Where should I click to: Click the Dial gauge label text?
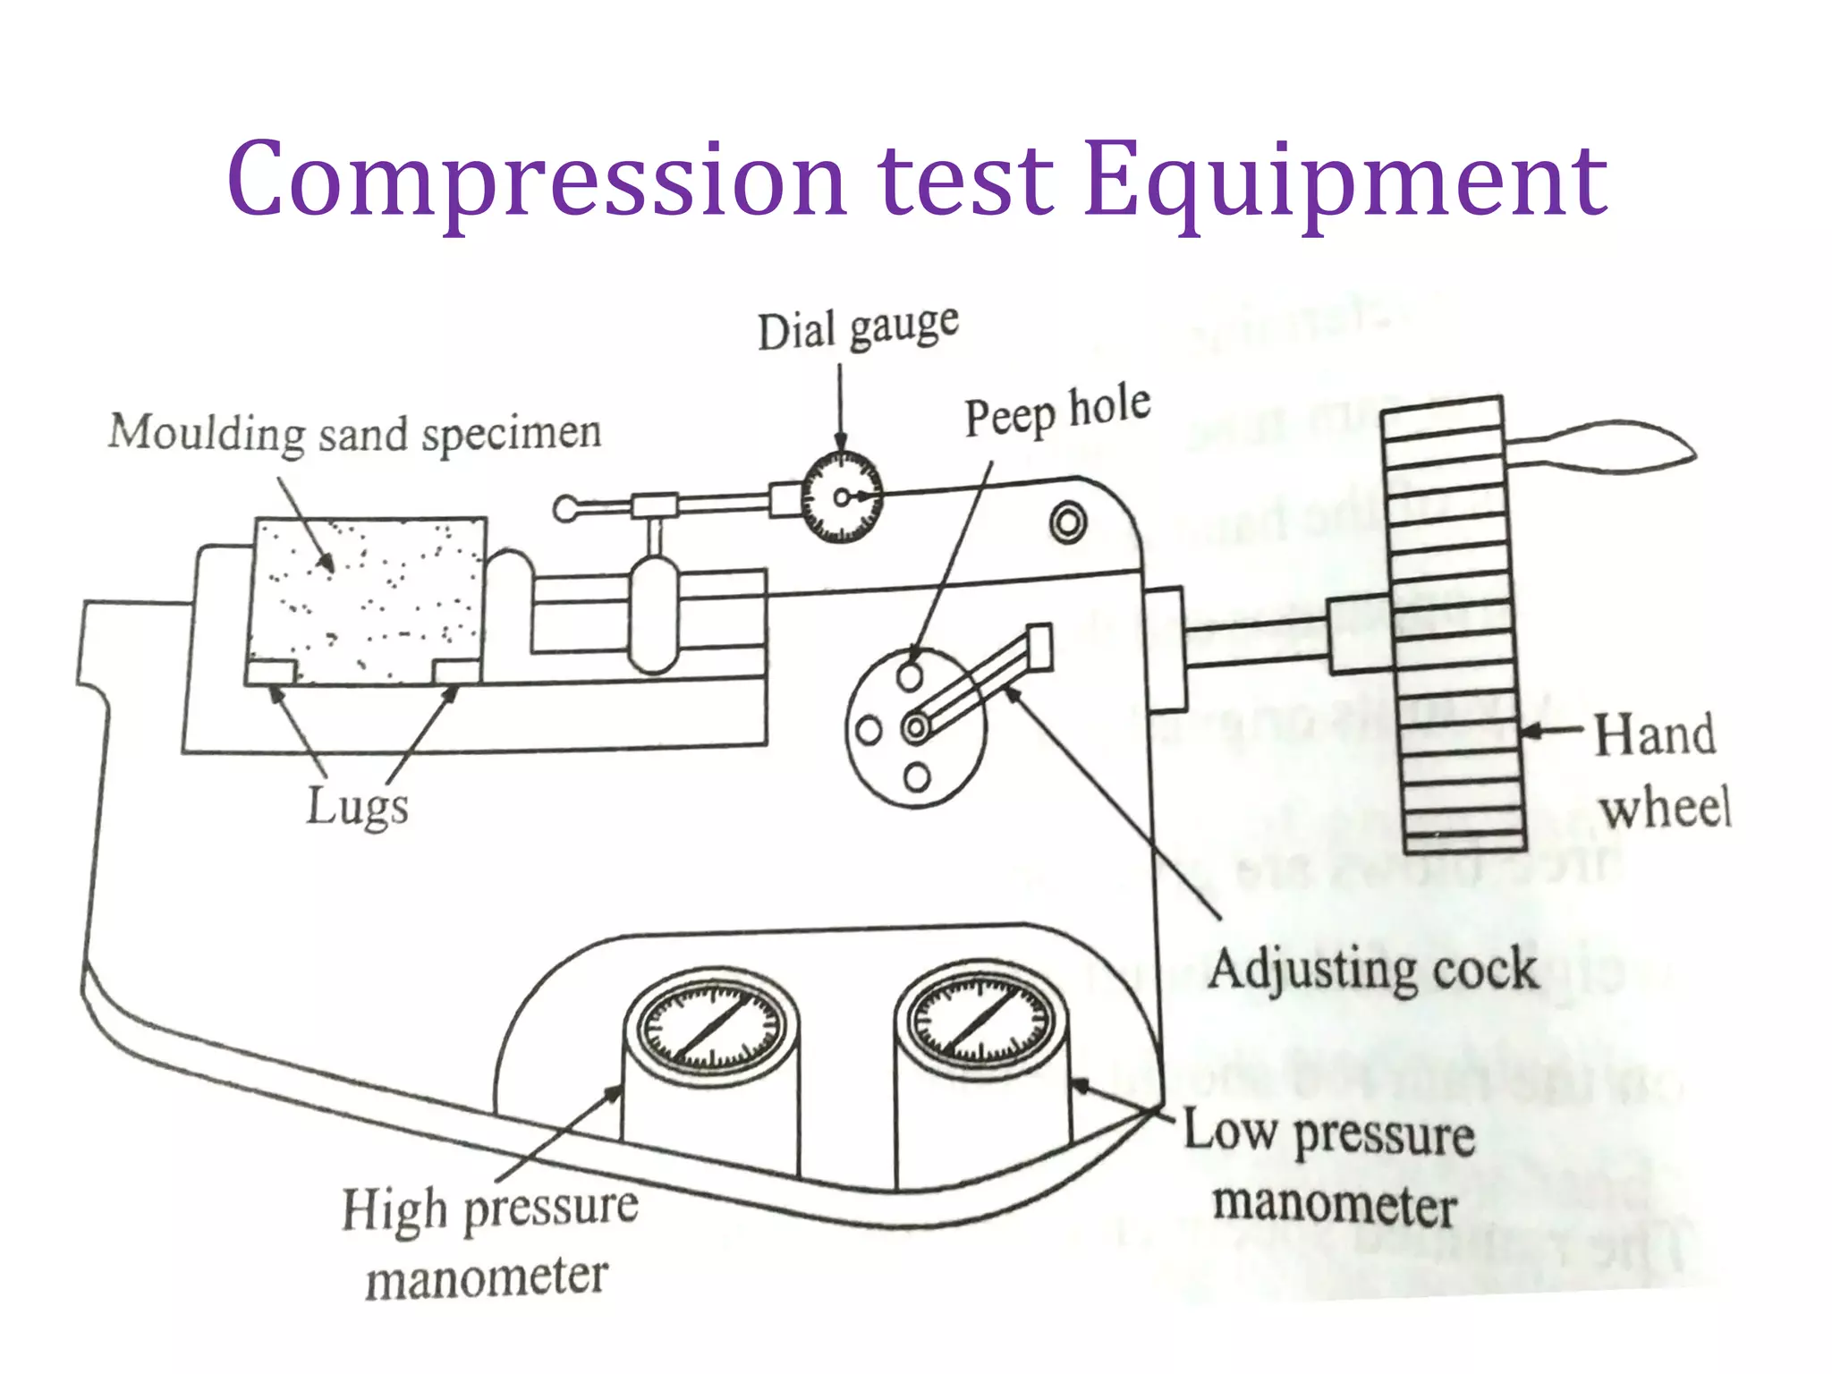pyautogui.click(x=858, y=328)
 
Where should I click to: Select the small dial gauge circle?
pyautogui.click(x=841, y=497)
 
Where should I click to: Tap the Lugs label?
pyautogui.click(x=357, y=806)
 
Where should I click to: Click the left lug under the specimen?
pyautogui.click(x=271, y=672)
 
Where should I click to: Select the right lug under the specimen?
pyautogui.click(x=456, y=672)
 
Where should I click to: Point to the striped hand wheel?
pyautogui.click(x=1453, y=626)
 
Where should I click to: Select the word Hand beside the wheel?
pyautogui.click(x=1655, y=735)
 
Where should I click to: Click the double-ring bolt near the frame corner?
pyautogui.click(x=1068, y=522)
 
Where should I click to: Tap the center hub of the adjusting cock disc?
pyautogui.click(x=915, y=727)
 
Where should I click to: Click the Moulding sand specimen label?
pyautogui.click(x=354, y=435)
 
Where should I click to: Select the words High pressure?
pyautogui.click(x=490, y=1209)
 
